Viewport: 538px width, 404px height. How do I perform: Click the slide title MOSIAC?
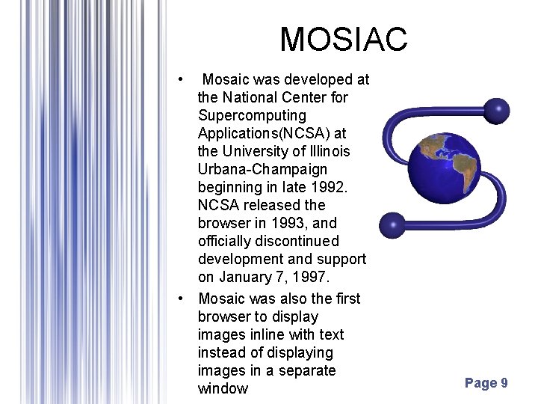[x=343, y=39]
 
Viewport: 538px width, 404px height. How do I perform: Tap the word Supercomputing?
[x=252, y=115]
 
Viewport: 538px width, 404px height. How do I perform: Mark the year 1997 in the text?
[x=311, y=277]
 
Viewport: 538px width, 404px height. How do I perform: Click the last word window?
[x=223, y=388]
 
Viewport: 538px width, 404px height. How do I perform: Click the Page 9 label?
[x=486, y=383]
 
